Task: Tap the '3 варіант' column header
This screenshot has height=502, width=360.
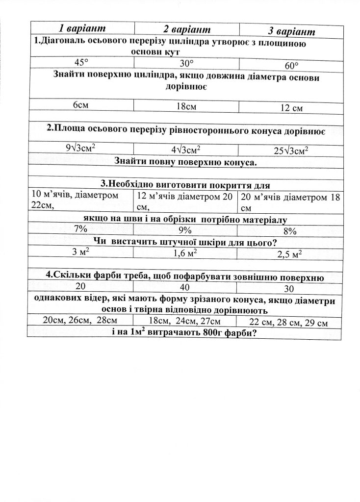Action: point(291,31)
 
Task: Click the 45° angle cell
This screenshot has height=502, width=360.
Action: point(81,62)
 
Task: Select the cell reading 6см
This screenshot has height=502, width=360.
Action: point(81,104)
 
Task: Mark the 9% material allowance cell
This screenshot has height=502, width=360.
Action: point(185,230)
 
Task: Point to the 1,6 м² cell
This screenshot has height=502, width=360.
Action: point(185,253)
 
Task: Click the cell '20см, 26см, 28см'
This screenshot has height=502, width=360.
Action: point(80,320)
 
